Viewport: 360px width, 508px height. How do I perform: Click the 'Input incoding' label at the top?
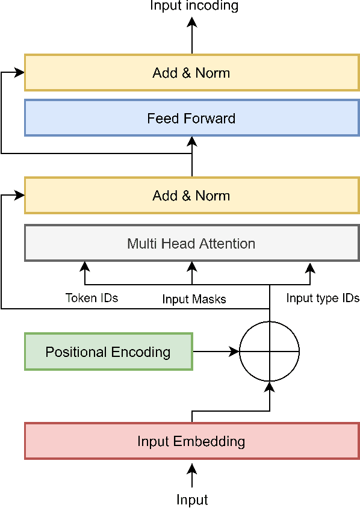pos(194,6)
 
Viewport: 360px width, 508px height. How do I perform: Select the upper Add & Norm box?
pos(191,73)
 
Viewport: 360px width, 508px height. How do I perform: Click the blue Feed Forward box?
pos(191,118)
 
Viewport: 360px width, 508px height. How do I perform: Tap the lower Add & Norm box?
pos(191,196)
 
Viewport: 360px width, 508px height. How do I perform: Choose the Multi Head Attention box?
pos(191,243)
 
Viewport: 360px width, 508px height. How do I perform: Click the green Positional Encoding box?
pos(108,352)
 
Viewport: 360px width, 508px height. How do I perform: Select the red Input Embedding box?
pos(191,441)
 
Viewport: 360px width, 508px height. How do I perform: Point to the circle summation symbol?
pos(269,352)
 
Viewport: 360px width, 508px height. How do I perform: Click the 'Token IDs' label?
pos(92,298)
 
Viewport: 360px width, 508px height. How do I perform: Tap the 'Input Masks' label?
pos(194,299)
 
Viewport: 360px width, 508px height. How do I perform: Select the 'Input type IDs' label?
pos(323,298)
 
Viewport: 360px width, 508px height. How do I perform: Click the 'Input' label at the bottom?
pos(192,500)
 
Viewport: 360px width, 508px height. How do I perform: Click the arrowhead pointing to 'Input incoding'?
pos(192,22)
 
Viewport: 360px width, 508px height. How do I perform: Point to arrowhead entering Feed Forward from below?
pos(192,141)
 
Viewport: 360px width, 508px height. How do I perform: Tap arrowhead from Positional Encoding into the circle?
pos(235,352)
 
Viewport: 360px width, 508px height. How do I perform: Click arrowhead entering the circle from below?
pos(269,386)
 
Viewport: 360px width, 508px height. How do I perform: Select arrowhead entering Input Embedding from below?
pos(192,468)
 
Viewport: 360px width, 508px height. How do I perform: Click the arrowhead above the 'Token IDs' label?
pos(84,266)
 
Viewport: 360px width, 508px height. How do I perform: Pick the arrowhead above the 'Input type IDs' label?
pos(310,266)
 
